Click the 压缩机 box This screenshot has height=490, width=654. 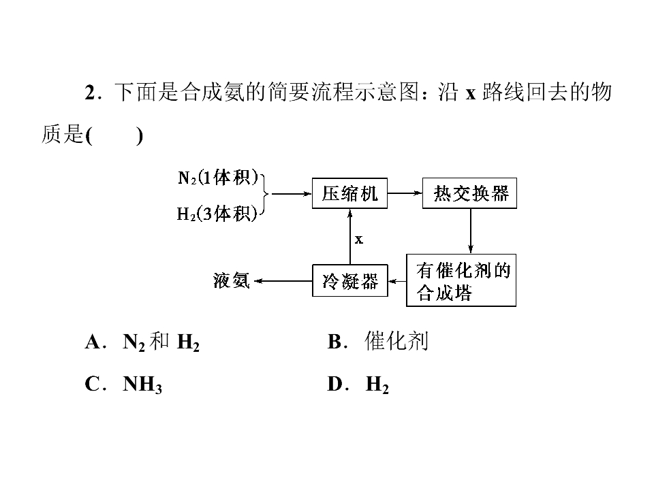[349, 193]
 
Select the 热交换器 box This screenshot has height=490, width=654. [469, 193]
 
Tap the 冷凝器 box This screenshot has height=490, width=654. [350, 281]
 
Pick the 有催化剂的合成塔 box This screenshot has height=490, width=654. [461, 280]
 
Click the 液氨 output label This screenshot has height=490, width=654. [232, 280]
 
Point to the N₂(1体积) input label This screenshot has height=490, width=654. [218, 178]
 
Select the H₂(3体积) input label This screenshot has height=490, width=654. [217, 214]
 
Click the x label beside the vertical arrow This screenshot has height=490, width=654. [359, 240]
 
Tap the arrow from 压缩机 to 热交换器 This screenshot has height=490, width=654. [405, 193]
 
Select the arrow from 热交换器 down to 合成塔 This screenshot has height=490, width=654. [471, 231]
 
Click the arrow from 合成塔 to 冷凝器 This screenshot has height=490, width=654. [397, 281]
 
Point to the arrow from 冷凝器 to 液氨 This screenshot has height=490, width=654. [283, 281]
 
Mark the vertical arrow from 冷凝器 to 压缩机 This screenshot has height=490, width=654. [350, 237]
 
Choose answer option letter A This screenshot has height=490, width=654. [93, 342]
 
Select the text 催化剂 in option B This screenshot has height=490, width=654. [396, 341]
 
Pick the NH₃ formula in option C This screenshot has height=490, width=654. [142, 384]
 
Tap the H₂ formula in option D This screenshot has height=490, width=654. [377, 384]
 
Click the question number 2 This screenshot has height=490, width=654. [90, 93]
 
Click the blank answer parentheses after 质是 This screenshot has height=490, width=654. [114, 135]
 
